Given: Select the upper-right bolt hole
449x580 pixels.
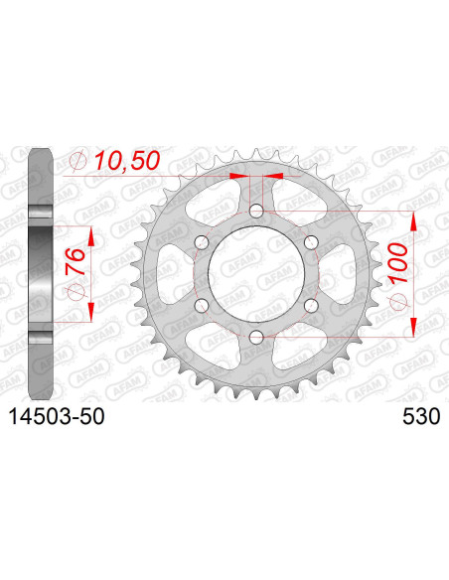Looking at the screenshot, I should [x=311, y=243].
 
